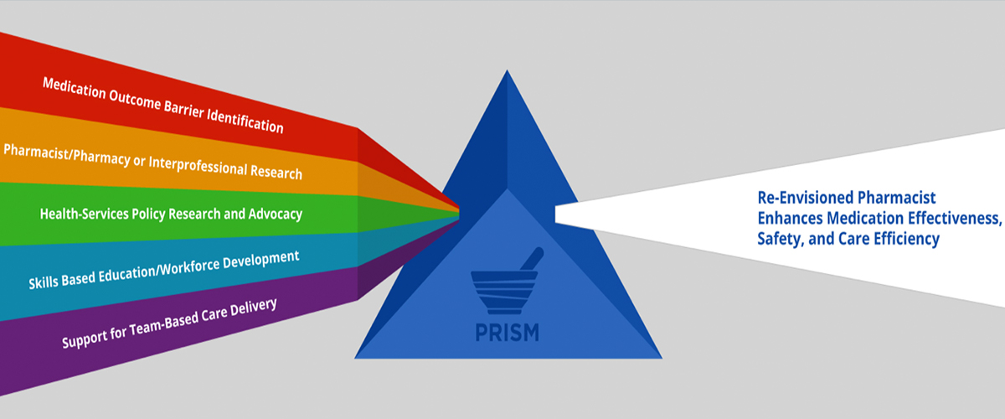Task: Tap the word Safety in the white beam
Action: tap(778, 239)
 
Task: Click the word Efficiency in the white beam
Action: tap(908, 239)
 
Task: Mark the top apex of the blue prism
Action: tap(507, 72)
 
